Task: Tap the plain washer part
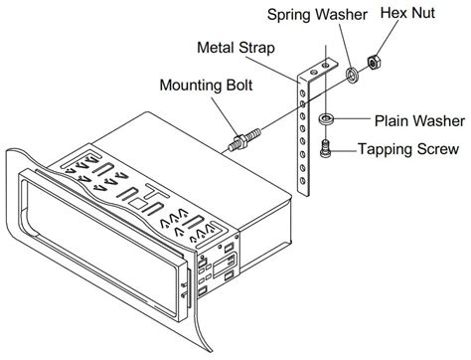point(324,120)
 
